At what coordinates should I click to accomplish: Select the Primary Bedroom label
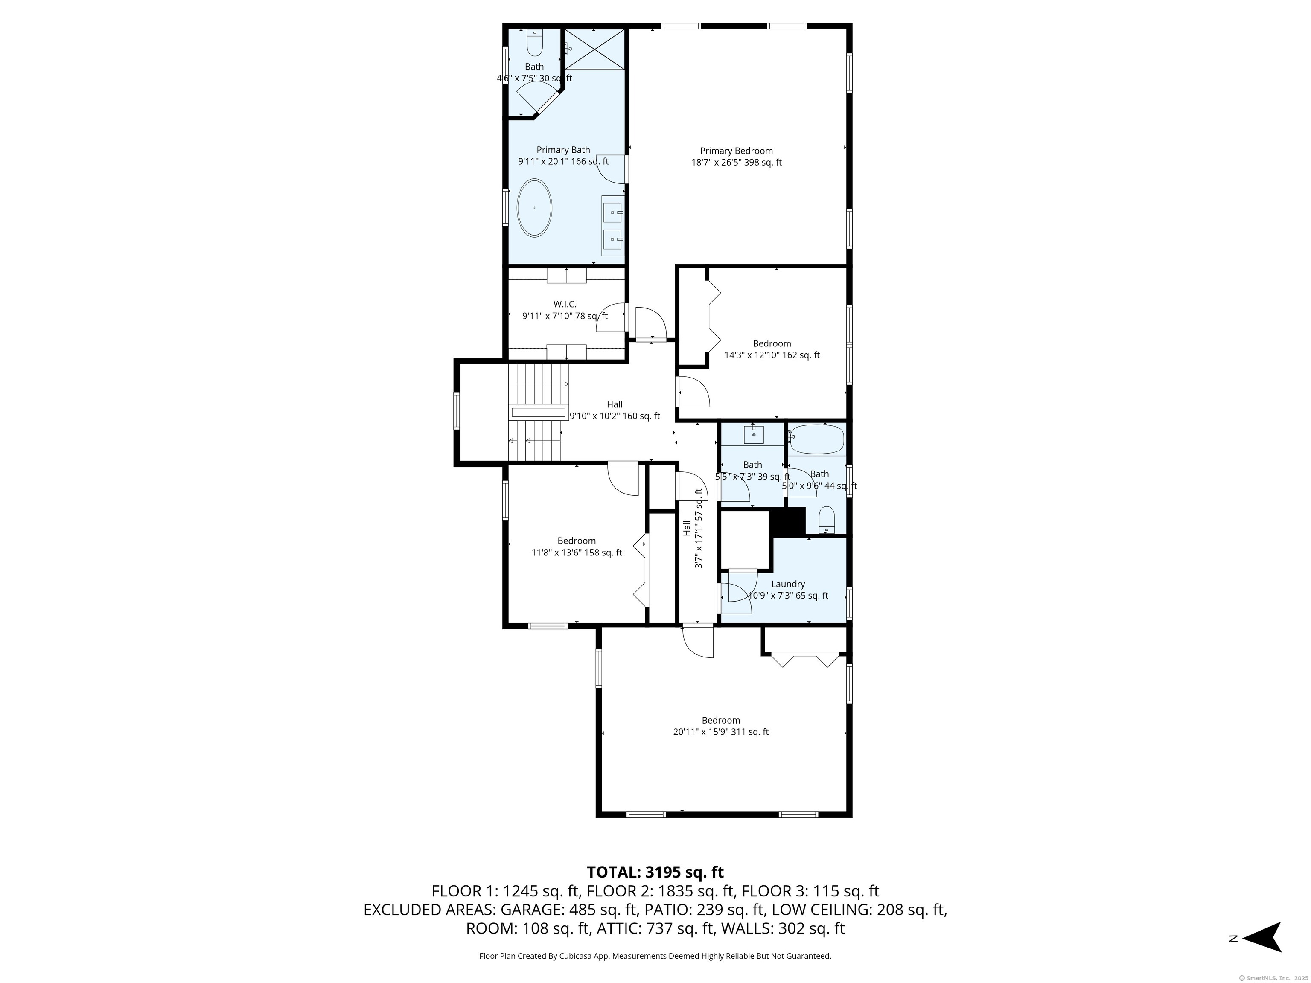click(x=736, y=151)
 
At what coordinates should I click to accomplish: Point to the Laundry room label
click(x=788, y=584)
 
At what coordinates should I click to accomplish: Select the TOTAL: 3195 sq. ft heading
click(x=655, y=872)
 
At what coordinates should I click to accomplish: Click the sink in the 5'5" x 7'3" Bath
click(x=753, y=435)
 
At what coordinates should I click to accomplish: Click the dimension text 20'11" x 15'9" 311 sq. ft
click(x=721, y=732)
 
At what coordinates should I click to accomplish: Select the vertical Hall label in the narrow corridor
click(x=686, y=529)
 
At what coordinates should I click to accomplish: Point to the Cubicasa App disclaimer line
click(x=655, y=956)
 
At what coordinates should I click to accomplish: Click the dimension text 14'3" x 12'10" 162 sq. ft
click(x=772, y=355)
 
